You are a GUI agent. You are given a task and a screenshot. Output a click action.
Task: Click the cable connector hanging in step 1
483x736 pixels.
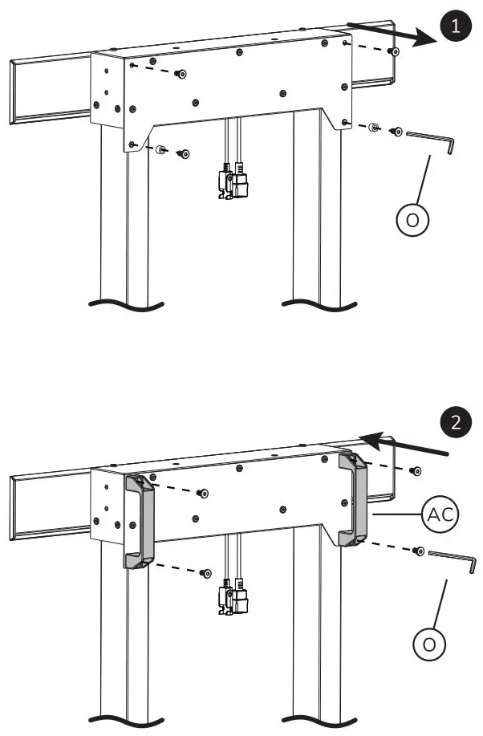pos(231,181)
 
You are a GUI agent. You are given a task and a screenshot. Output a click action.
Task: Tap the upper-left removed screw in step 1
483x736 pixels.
pos(183,74)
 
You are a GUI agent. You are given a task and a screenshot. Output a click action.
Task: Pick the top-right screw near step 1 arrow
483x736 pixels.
pos(393,52)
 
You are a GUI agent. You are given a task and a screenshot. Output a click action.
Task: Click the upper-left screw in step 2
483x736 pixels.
pos(203,493)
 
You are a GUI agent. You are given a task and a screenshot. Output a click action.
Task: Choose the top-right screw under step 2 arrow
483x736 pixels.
pos(413,470)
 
